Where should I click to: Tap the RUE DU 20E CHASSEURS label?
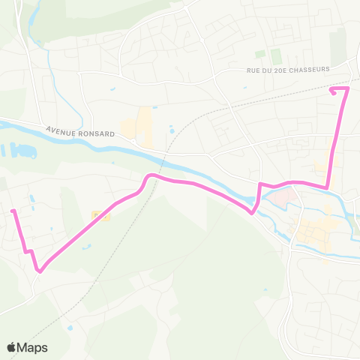tap(288, 70)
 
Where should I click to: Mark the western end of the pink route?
tap(13, 211)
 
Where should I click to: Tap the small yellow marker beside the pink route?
tap(100, 216)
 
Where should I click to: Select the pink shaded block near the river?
tap(279, 199)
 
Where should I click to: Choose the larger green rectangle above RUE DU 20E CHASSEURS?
tap(275, 55)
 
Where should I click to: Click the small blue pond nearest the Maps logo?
tap(70, 327)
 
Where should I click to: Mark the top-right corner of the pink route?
tap(346, 89)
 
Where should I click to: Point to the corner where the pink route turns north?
tap(327, 187)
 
